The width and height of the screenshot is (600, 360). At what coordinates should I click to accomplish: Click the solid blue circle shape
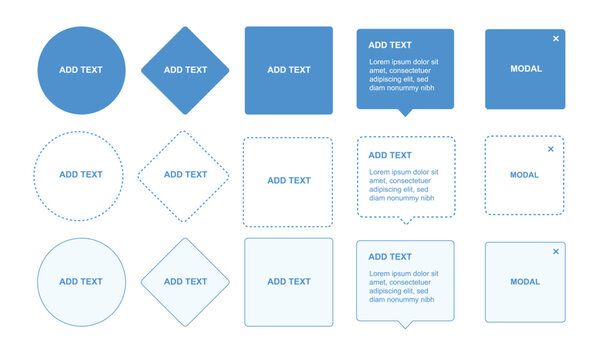coord(81,70)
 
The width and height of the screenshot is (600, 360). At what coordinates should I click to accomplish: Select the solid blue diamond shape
coord(185,70)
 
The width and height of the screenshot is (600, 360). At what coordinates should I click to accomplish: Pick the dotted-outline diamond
coord(184,175)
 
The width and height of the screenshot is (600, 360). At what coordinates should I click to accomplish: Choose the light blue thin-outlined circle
coord(81,282)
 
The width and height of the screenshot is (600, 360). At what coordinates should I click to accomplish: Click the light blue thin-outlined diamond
coord(185,282)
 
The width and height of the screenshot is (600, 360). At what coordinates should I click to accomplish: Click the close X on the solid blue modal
coord(556,39)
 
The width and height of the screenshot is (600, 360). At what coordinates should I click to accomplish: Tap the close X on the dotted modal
coord(550,149)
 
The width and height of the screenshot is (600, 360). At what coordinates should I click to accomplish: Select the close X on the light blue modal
coord(556,252)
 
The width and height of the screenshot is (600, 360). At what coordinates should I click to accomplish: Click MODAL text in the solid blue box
coord(525,69)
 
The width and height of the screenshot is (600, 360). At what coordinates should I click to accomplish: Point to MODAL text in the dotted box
coord(524,175)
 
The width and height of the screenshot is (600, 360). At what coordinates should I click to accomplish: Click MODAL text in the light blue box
coord(525,282)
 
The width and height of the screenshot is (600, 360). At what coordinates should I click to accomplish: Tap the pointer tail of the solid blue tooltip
coord(404,112)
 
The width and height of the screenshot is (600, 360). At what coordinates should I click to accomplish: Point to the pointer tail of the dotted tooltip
coord(404,219)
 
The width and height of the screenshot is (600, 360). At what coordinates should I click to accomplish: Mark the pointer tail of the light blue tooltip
coord(404,324)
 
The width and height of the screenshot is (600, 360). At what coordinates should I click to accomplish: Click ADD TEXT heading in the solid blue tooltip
coord(390,45)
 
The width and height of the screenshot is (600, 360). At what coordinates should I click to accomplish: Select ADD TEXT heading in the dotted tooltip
coord(390,155)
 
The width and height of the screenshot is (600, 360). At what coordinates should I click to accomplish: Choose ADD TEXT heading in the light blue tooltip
coord(390,257)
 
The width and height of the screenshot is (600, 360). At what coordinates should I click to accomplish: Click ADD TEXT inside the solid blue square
coord(288,70)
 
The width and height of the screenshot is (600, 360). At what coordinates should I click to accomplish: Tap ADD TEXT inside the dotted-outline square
coord(288,181)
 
